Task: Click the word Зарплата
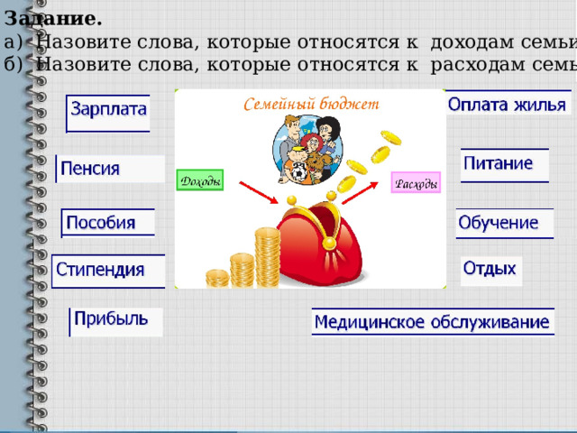(109, 110)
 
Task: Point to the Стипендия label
(101, 269)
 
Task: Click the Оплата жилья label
(507, 104)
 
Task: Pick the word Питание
(499, 163)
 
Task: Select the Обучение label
(499, 221)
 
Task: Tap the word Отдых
(490, 268)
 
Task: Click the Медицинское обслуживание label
(432, 321)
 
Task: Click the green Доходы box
(199, 180)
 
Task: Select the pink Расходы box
(416, 183)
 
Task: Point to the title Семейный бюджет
(312, 105)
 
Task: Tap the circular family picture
(307, 150)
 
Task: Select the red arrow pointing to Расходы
(361, 194)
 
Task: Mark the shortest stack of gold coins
(216, 278)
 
